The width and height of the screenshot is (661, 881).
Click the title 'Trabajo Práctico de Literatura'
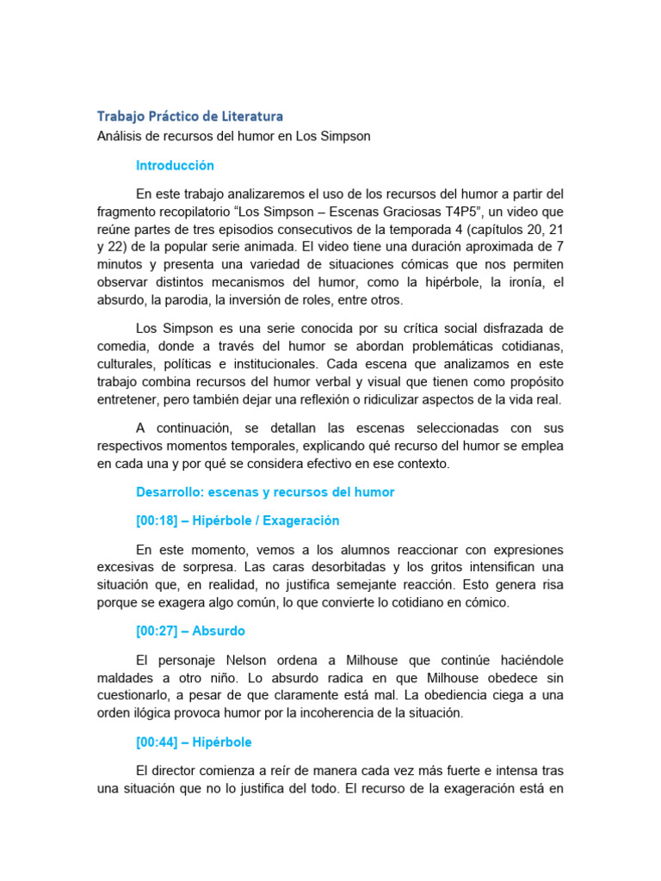(x=189, y=115)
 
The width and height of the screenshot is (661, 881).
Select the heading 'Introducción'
(x=175, y=165)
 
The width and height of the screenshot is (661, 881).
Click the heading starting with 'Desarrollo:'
(x=265, y=492)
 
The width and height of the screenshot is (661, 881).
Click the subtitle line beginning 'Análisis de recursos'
(x=233, y=137)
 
